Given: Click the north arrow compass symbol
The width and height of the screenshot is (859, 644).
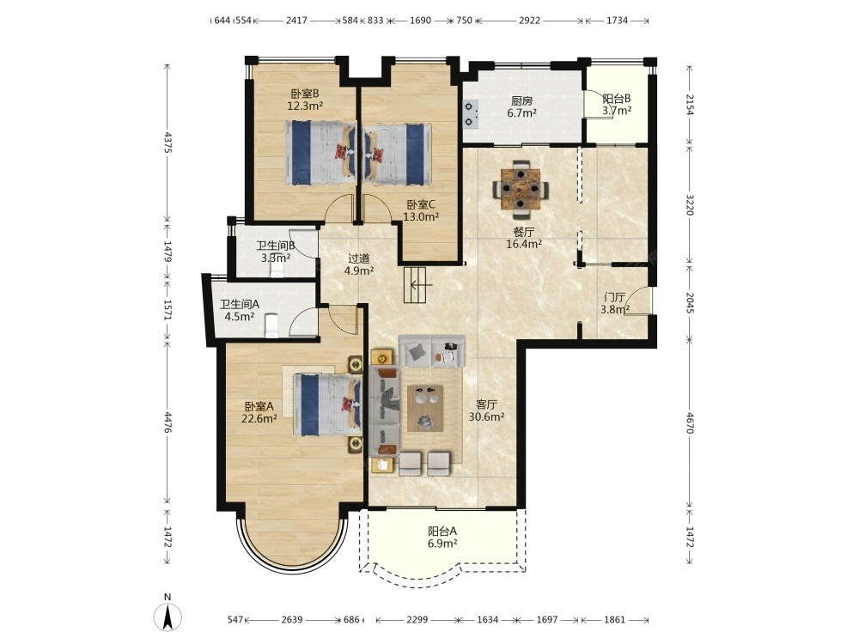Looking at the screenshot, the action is pyautogui.click(x=168, y=617).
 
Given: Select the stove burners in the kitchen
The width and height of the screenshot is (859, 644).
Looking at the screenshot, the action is pyautogui.click(x=471, y=114).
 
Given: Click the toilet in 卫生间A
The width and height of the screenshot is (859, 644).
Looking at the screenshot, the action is pyautogui.click(x=271, y=325).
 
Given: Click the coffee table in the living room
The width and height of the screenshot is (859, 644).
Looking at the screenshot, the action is pyautogui.click(x=425, y=409).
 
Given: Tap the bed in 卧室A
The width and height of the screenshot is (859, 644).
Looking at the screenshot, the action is pyautogui.click(x=327, y=404).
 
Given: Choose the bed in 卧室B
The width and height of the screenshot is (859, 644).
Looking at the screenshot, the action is pyautogui.click(x=320, y=152).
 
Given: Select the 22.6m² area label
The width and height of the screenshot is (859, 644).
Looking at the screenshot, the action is pyautogui.click(x=259, y=419).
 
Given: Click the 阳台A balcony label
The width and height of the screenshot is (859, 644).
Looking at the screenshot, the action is pyautogui.click(x=442, y=531).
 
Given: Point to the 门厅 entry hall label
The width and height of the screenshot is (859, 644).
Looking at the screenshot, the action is pyautogui.click(x=614, y=297).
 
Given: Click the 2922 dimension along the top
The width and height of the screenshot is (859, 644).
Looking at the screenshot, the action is pyautogui.click(x=529, y=21).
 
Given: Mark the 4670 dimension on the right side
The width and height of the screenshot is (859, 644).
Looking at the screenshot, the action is pyautogui.click(x=690, y=423).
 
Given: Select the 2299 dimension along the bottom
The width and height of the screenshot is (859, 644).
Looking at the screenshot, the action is pyautogui.click(x=417, y=620).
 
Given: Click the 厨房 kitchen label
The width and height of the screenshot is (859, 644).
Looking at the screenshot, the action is pyautogui.click(x=521, y=101).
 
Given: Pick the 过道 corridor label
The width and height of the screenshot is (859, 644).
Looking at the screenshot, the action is pyautogui.click(x=359, y=258).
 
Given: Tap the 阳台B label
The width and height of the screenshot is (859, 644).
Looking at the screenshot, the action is pyautogui.click(x=617, y=99).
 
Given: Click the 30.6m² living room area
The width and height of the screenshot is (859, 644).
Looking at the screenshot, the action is pyautogui.click(x=486, y=416).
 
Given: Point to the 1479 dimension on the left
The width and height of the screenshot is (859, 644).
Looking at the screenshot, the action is pyautogui.click(x=168, y=252).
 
